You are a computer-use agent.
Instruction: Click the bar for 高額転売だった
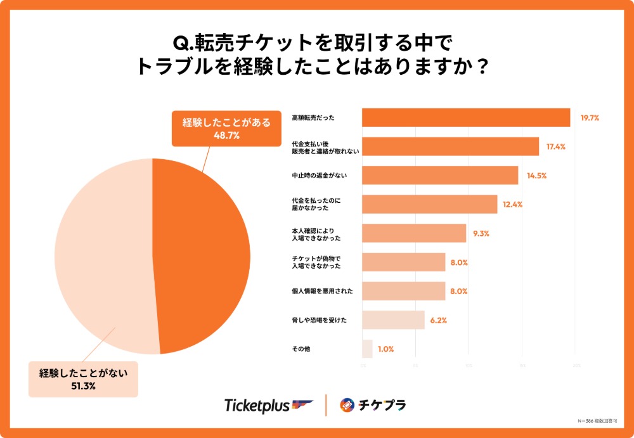466,117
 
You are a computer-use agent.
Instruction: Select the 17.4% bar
450,146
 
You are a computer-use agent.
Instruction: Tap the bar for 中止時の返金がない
440,175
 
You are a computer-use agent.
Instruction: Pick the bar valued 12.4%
429,204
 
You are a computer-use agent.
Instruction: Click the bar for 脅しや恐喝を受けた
393,320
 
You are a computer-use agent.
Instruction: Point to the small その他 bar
367,349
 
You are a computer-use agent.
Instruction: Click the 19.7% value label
590,117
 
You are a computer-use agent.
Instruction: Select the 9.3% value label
481,233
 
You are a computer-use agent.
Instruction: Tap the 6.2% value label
439,320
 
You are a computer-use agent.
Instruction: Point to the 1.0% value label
385,349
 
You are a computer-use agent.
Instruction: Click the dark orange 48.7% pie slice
203,254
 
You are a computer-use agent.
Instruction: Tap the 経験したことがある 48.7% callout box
226,127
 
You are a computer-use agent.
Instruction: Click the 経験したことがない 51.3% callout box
83,378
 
